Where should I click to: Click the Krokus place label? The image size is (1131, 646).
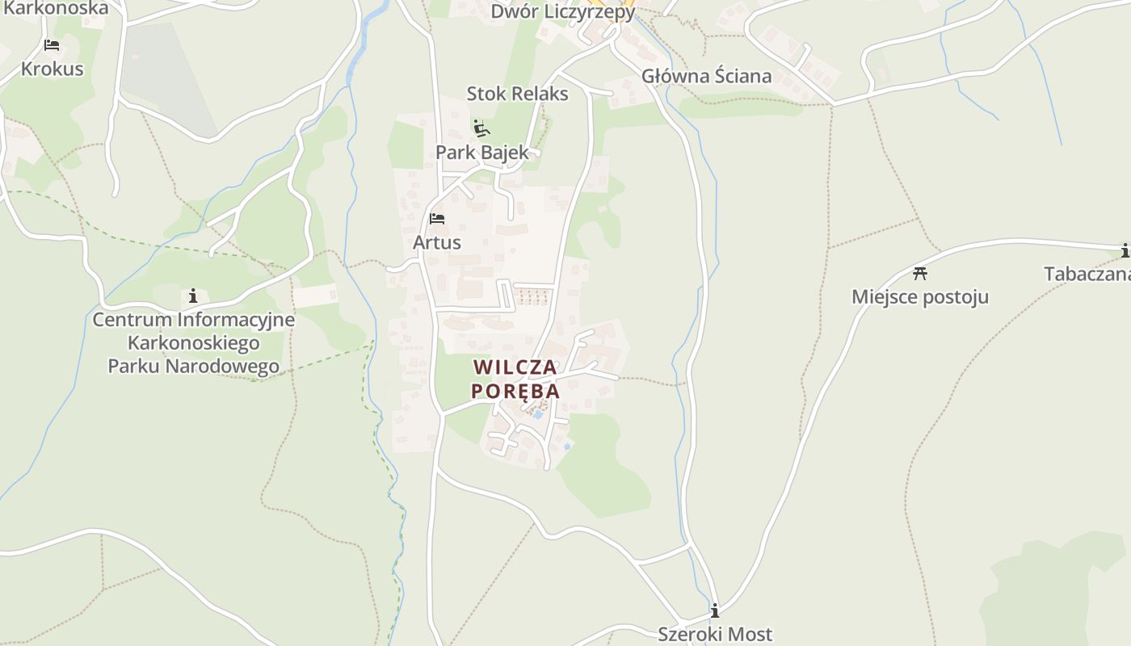tap(52, 69)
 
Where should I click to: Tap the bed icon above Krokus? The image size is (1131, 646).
tap(52, 44)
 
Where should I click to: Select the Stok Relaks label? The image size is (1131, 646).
tap(517, 94)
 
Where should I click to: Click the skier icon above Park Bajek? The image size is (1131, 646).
tap(481, 128)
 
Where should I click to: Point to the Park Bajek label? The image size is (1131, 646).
tap(482, 152)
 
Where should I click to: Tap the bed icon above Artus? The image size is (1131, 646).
tap(437, 219)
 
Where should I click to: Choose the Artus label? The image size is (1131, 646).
tap(437, 242)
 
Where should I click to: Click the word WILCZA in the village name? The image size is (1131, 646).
tap(515, 367)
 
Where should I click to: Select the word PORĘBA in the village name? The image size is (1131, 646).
tap(515, 391)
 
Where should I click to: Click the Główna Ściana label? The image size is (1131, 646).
tap(706, 77)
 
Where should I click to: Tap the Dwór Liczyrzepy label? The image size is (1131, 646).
tap(563, 12)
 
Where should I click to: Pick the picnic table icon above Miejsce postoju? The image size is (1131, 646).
tap(919, 273)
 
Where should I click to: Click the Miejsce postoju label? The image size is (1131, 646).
tap(919, 297)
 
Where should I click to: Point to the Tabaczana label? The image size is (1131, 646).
tap(1087, 275)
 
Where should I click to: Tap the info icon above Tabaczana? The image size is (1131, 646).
tap(1125, 251)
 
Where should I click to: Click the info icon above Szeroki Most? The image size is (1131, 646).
tap(714, 610)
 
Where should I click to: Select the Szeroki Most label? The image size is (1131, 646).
tap(714, 635)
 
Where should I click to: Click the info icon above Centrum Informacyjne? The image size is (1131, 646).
tap(192, 296)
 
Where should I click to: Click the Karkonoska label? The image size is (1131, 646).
tap(55, 9)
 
